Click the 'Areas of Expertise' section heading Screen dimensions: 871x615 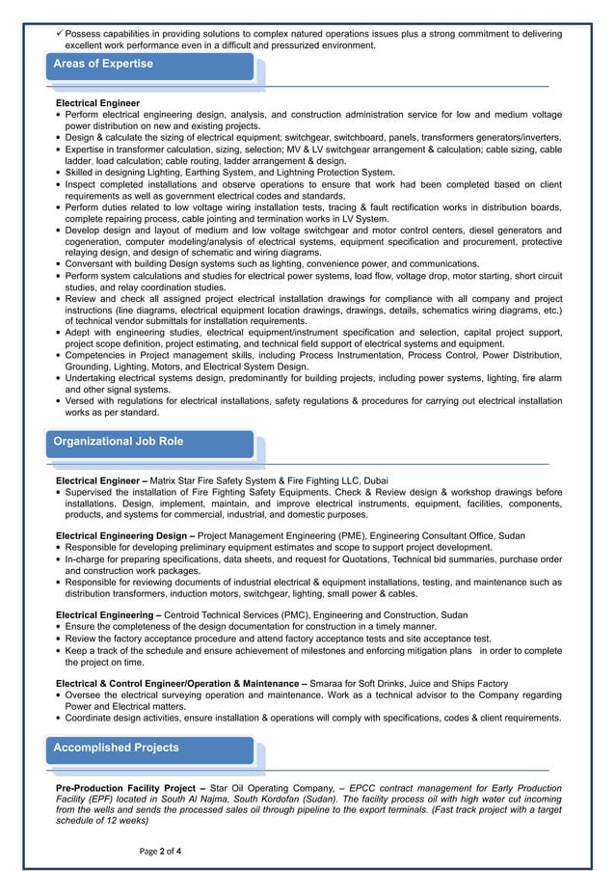point(103,65)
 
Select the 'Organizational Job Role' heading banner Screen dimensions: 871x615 point(119,442)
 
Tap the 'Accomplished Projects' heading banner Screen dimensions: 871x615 point(116,748)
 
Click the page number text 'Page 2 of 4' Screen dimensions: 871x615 point(160,851)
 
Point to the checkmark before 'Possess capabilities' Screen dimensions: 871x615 point(59,34)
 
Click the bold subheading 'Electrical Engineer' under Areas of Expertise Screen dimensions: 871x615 point(97,102)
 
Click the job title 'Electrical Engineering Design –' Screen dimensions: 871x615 point(125,534)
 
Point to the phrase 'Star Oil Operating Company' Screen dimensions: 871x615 point(272,789)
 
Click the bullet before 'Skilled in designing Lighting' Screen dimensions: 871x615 point(59,173)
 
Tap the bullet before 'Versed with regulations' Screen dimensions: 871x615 point(59,401)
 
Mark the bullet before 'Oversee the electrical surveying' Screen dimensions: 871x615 point(59,695)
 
